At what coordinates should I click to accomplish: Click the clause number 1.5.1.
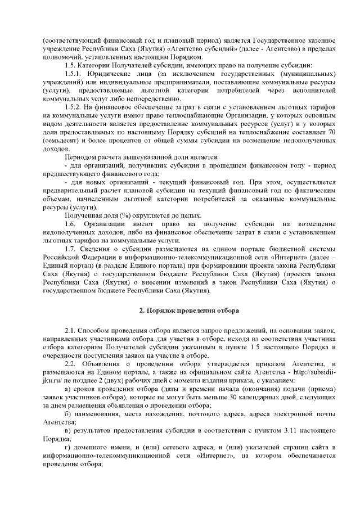[x=75, y=74]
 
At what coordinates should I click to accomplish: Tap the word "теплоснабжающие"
[x=215, y=115]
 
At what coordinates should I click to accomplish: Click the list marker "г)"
[x=68, y=447]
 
